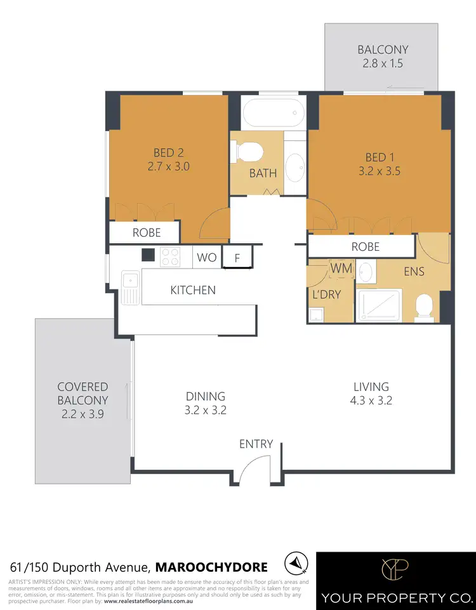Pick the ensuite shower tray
378,307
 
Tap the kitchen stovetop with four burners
170,256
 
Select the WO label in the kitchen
206,258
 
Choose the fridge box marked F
237,258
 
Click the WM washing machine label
341,269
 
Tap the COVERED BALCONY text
83,394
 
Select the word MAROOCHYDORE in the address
211,566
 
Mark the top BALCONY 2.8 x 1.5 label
382,56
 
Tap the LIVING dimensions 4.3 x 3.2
371,401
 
